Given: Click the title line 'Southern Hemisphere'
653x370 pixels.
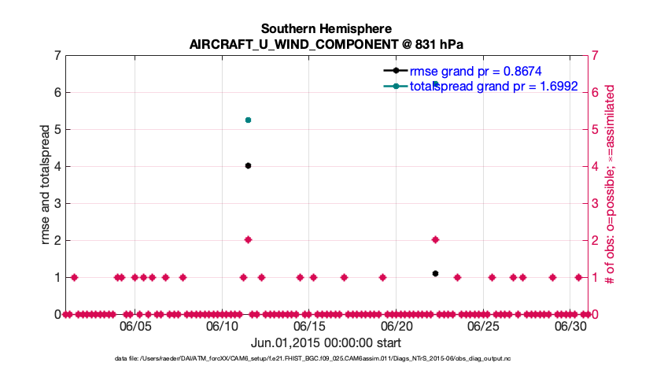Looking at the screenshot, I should tap(326, 29).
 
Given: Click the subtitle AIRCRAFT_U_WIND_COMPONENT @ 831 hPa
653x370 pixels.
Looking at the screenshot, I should tap(326, 44).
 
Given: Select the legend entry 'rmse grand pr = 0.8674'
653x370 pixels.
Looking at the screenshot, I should tap(474, 69).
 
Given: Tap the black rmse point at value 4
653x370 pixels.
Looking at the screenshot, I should tap(248, 165).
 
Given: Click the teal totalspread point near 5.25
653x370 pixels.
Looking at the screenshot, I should tap(248, 120).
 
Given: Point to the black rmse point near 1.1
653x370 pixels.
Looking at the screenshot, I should tap(435, 273).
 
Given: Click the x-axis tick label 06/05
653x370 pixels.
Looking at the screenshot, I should tap(135, 325).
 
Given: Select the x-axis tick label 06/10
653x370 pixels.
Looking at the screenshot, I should tap(222, 325).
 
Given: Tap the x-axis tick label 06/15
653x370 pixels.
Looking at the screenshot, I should tap(309, 325).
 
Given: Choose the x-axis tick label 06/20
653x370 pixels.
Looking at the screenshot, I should tap(396, 325).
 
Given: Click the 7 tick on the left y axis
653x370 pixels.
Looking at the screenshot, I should tap(57, 55).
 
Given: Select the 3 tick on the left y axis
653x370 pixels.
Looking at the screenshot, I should tap(57, 203).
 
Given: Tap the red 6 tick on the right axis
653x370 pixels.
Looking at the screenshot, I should tap(596, 92).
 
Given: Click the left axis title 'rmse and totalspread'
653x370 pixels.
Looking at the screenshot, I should tap(46, 184).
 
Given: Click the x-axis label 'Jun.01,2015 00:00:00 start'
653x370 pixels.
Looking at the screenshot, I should tap(326, 343).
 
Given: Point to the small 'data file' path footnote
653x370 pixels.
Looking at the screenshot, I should tap(326, 359).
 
